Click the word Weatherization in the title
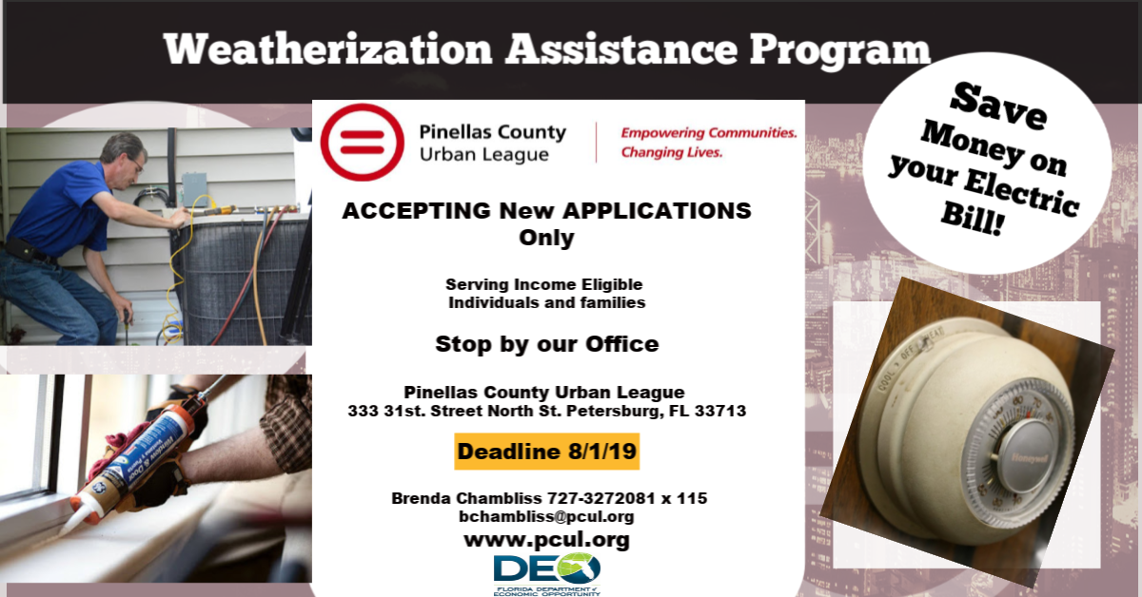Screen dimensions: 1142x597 [x=327, y=48]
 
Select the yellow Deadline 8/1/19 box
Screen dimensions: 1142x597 [x=546, y=452]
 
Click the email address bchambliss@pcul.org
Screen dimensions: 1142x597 [x=546, y=516]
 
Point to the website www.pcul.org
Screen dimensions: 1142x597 [x=546, y=539]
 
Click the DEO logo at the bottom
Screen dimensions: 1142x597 [x=547, y=574]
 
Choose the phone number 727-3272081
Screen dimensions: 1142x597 [x=601, y=498]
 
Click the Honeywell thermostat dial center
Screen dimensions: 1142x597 [x=1026, y=457]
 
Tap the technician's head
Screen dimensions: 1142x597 [x=124, y=155]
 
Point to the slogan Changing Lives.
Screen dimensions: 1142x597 [x=672, y=152]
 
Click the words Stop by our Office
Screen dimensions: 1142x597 [x=547, y=344]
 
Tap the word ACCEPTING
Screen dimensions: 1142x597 [x=416, y=211]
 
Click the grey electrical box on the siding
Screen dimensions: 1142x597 [x=195, y=189]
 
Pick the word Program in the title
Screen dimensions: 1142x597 [x=839, y=51]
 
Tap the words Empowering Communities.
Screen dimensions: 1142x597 [x=709, y=133]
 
